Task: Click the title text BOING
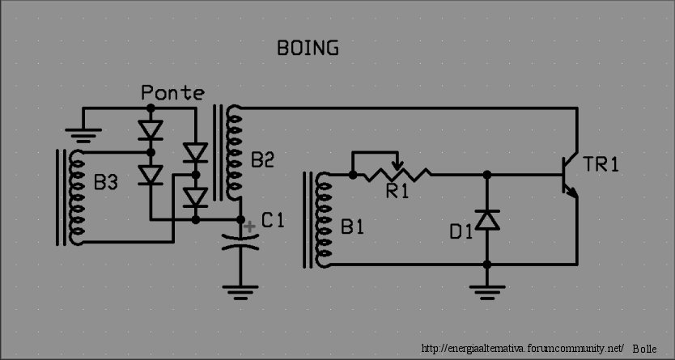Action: [308, 49]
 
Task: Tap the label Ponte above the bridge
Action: [172, 93]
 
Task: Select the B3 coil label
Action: [106, 184]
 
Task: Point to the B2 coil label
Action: [263, 161]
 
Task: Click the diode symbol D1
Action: [486, 219]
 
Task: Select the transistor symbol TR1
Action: [569, 178]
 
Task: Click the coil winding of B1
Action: [325, 218]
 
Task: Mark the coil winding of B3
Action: [78, 197]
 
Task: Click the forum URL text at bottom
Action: [523, 348]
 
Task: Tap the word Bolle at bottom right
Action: [645, 348]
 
